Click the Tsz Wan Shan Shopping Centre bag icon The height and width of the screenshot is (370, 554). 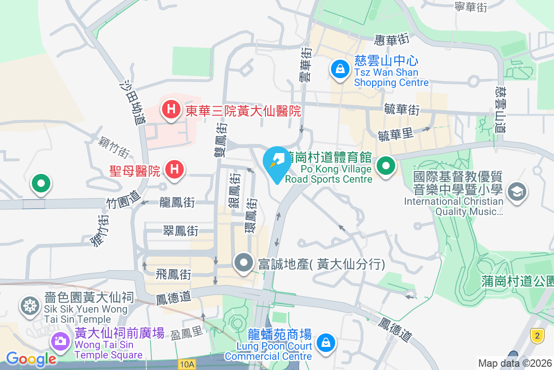(x=340, y=70)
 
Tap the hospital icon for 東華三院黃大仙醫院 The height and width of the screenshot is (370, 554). (x=171, y=110)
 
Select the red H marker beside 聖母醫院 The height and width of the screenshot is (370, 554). (x=174, y=168)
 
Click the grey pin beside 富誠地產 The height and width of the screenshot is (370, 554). (x=243, y=263)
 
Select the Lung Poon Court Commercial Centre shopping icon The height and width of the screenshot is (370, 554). (x=326, y=343)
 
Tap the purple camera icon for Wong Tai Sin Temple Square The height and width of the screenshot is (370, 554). (x=60, y=342)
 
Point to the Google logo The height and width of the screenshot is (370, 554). (x=30, y=358)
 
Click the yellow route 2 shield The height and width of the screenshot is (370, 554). (x=536, y=335)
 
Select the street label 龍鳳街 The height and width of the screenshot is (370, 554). (x=176, y=202)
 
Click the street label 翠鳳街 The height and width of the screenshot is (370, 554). (x=180, y=231)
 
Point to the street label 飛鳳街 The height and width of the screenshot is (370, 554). (x=173, y=274)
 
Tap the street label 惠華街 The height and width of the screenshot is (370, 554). (x=392, y=40)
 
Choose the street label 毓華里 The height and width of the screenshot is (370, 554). (x=395, y=135)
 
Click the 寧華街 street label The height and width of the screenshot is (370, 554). (x=471, y=7)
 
